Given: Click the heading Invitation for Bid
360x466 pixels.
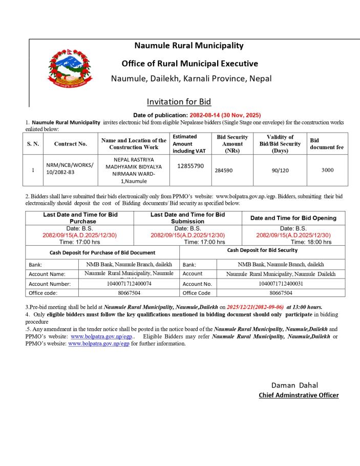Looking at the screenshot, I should coord(179,101).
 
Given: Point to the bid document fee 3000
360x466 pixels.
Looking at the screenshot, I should coord(327,170).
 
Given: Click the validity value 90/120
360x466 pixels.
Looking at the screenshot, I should coord(280,170).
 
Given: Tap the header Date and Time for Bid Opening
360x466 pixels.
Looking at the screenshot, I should coord(293,218).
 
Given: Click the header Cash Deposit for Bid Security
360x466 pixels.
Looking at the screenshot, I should coord(262,250).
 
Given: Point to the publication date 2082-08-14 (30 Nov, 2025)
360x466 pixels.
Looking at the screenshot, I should coord(225,115).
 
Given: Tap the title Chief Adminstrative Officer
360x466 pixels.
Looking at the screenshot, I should coord(299,395).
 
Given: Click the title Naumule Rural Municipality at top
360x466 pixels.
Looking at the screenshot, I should coord(188,46).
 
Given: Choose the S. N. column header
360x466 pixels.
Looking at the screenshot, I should coord(33,144).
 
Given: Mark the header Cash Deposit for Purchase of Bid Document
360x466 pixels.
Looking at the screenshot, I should coord(102,252).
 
